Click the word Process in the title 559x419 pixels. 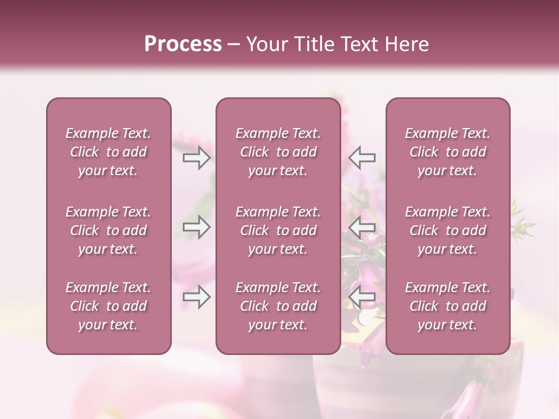click(183, 44)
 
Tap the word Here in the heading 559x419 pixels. click(406, 44)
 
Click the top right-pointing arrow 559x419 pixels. click(196, 158)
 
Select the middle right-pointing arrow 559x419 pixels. click(196, 227)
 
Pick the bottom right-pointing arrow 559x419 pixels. click(196, 297)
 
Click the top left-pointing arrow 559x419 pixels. click(362, 158)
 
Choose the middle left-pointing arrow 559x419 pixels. click(362, 227)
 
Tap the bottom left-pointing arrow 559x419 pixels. click(362, 297)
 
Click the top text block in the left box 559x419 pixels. click(108, 152)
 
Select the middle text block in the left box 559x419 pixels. click(108, 230)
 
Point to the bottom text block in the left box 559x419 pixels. click(108, 306)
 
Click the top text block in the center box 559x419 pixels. click(278, 152)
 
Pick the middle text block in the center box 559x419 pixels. click(278, 230)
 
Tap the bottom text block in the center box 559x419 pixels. click(278, 306)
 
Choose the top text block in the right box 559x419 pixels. click(448, 152)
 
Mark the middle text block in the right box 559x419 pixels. click(448, 230)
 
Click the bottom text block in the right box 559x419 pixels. click(448, 306)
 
